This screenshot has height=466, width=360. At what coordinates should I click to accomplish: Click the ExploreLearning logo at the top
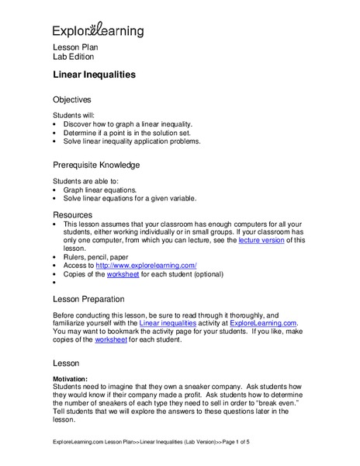click(98, 30)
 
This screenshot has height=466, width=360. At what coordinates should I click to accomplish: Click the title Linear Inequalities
click(94, 75)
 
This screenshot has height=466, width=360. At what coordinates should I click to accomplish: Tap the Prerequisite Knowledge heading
click(96, 165)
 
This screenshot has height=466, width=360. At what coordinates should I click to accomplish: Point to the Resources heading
click(72, 214)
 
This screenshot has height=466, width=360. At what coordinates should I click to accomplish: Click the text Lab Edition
click(73, 57)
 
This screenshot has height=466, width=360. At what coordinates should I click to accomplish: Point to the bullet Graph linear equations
click(99, 190)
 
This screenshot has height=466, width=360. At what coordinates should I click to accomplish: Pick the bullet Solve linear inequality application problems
click(131, 142)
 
